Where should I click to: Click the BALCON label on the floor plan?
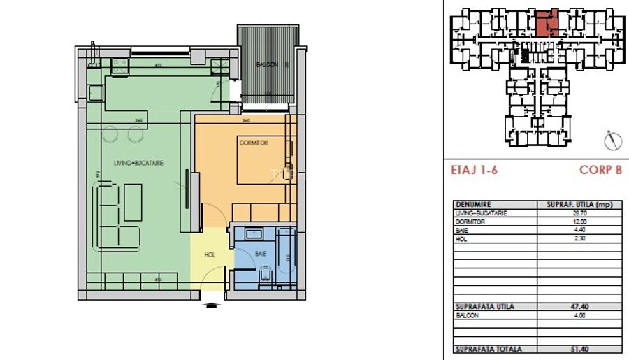click(x=266, y=65)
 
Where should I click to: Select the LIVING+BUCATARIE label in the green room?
click(x=138, y=163)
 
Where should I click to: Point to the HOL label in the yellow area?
click(x=210, y=255)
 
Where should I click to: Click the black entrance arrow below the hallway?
click(x=209, y=304)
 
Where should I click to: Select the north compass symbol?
click(x=613, y=139)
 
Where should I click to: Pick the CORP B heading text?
click(x=600, y=170)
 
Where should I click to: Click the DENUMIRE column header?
click(x=472, y=205)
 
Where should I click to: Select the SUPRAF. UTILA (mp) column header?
click(x=579, y=205)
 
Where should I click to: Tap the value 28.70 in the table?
click(x=579, y=213)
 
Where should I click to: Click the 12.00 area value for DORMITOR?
click(x=579, y=222)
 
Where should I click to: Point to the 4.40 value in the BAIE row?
click(x=579, y=231)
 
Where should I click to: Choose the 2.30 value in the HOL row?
click(x=579, y=239)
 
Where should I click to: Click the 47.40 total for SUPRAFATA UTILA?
click(x=579, y=307)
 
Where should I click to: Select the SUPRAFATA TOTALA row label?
click(x=488, y=349)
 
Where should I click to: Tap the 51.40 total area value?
click(x=579, y=349)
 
